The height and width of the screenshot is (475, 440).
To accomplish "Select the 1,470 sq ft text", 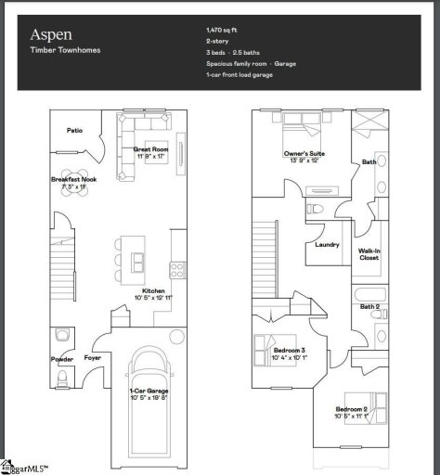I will [x=222, y=31].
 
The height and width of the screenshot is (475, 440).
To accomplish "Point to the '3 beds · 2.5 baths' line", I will [x=233, y=51].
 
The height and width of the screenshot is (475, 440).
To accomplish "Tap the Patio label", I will [x=75, y=131].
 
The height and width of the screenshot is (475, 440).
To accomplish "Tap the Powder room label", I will [x=61, y=358].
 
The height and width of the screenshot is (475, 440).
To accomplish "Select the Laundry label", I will [x=327, y=245].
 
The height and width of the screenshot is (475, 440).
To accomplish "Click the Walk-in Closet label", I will [x=369, y=253].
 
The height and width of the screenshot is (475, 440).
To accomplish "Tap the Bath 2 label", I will [x=369, y=306].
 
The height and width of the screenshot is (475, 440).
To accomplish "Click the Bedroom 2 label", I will [x=352, y=409].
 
